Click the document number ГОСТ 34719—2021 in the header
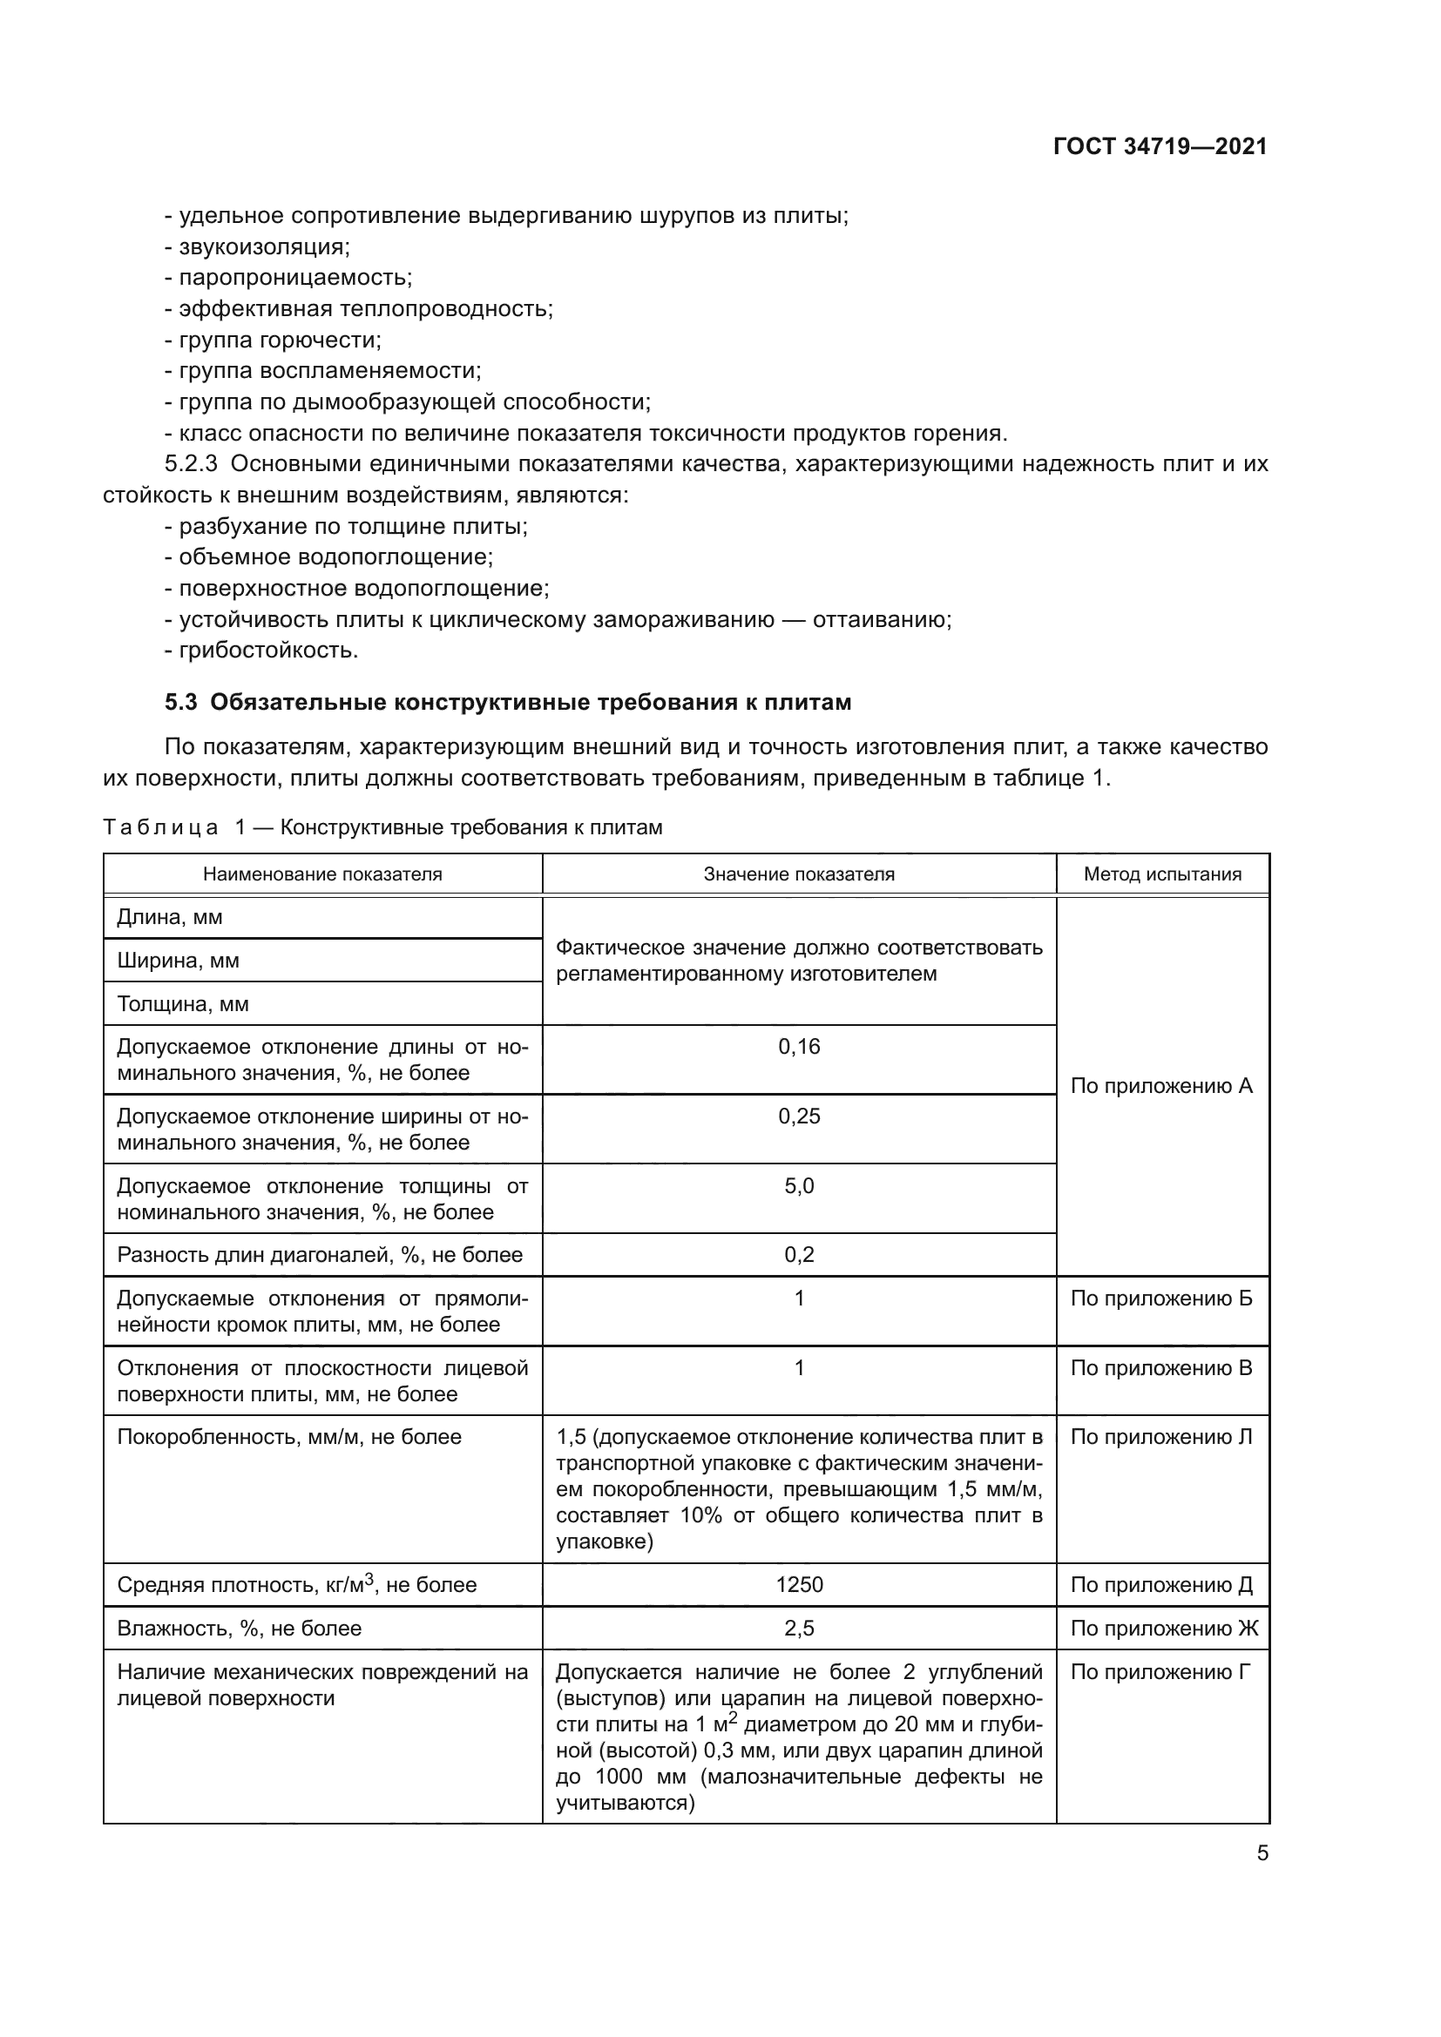1160,146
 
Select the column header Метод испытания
1161,873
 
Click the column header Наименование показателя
322,873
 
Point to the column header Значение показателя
799,873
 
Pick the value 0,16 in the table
799,1047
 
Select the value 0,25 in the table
799,1116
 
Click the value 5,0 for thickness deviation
799,1186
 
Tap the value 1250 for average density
799,1585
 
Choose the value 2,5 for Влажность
799,1629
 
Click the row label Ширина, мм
179,961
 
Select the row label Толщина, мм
183,1004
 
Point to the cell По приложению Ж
1163,1629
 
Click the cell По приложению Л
1161,1437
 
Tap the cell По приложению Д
1161,1585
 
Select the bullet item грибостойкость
268,651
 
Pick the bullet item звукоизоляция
263,246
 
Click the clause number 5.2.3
191,464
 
